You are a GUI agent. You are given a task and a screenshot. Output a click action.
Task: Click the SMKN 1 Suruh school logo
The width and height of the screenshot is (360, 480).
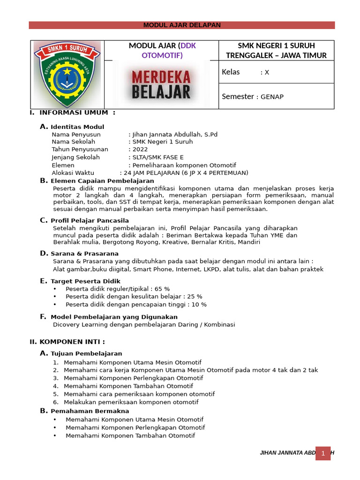67,75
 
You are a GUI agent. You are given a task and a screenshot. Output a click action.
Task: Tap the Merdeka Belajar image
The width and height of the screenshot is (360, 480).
161,84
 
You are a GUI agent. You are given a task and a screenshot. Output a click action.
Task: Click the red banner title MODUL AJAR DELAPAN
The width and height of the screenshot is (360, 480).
182,25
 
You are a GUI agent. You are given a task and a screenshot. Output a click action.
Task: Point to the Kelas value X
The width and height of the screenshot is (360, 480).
267,72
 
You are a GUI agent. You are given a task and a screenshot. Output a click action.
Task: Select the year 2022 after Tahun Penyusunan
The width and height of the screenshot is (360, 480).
140,150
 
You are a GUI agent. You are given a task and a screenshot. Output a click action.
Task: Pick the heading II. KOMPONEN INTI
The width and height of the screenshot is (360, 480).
67,342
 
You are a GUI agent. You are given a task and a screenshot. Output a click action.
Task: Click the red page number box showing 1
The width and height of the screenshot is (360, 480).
322,453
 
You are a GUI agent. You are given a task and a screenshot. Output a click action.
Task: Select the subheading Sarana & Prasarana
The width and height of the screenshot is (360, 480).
84,254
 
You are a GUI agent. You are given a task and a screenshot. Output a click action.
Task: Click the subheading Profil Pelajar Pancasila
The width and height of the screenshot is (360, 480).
90,220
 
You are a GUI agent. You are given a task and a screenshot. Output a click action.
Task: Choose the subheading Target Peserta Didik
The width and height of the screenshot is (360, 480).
85,281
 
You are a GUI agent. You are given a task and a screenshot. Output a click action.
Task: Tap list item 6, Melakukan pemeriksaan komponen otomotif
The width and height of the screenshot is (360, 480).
131,402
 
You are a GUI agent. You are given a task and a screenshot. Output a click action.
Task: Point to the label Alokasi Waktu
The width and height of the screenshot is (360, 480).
73,173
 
